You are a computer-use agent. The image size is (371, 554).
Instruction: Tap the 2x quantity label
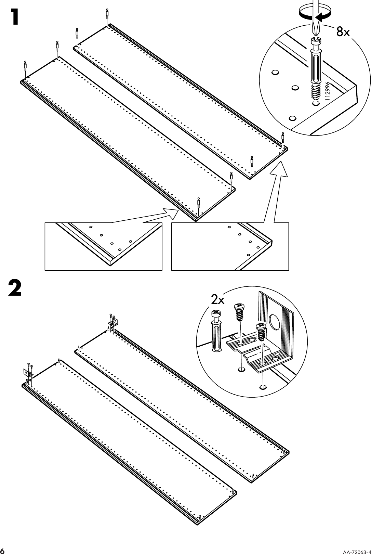(x=217, y=300)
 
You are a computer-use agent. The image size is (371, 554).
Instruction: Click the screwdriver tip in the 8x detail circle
(x=315, y=33)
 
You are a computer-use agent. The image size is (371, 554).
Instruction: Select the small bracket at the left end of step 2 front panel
(x=27, y=373)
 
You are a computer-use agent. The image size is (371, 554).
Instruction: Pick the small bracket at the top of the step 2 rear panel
(x=114, y=322)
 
